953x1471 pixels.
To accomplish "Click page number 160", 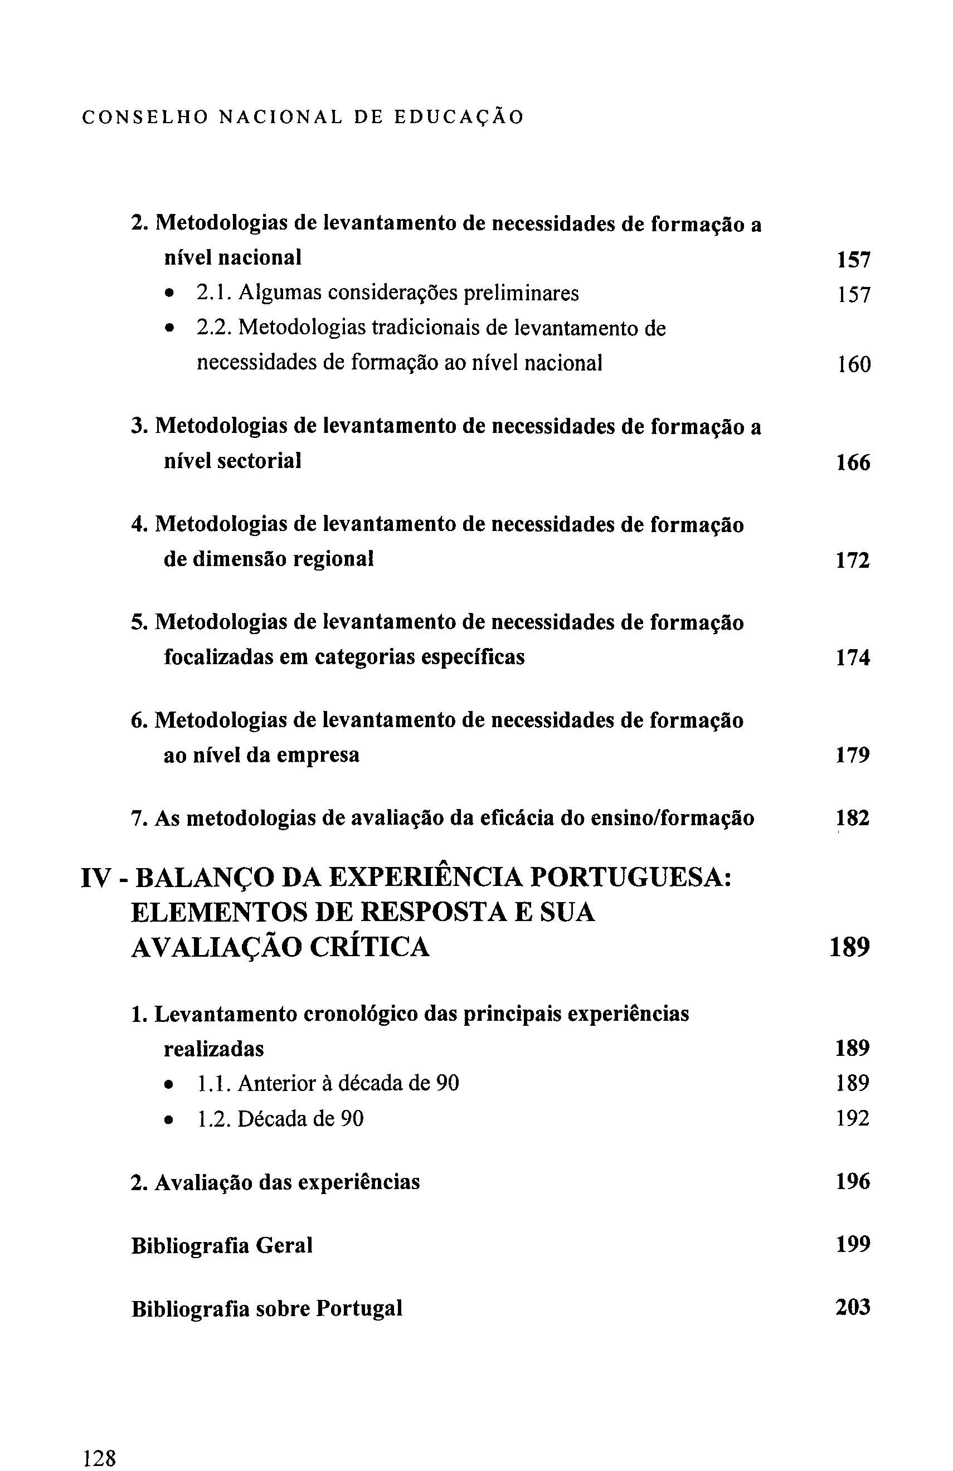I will point(853,364).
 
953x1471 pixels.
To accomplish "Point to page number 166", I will point(853,462).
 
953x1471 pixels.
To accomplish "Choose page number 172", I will point(853,560).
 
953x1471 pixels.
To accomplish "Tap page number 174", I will point(853,657).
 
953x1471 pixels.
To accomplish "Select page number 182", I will point(853,819).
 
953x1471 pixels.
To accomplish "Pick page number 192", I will point(853,1118).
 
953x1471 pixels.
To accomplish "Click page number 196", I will point(853,1181).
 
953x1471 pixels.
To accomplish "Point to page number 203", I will point(853,1307).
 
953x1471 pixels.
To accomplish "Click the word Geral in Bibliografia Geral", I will point(284,1245).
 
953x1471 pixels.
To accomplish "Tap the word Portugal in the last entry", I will point(358,1308).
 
